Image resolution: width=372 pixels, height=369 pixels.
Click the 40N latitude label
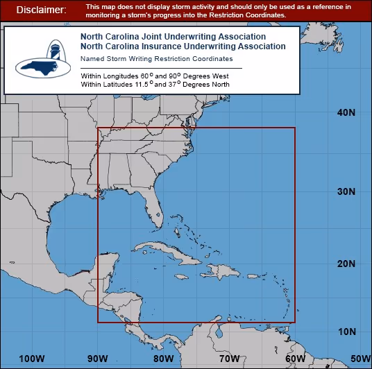pos(346,112)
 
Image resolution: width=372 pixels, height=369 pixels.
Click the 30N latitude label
pos(346,191)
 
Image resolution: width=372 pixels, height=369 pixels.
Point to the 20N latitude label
pos(346,264)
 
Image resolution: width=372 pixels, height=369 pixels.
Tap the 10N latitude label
pos(346,331)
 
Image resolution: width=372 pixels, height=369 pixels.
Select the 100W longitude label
pos(32,359)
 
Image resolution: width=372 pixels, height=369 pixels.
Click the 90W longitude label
pos(97,359)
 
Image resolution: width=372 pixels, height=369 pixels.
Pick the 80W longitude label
pos(164,359)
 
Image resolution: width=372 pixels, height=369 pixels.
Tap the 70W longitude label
pos(229,359)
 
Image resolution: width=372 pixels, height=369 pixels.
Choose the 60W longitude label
pos(294,359)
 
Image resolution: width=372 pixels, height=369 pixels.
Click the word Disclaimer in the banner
pos(41,10)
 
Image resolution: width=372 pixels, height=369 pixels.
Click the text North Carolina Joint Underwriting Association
pos(173,36)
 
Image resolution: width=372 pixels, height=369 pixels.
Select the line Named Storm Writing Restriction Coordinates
pos(156,59)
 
